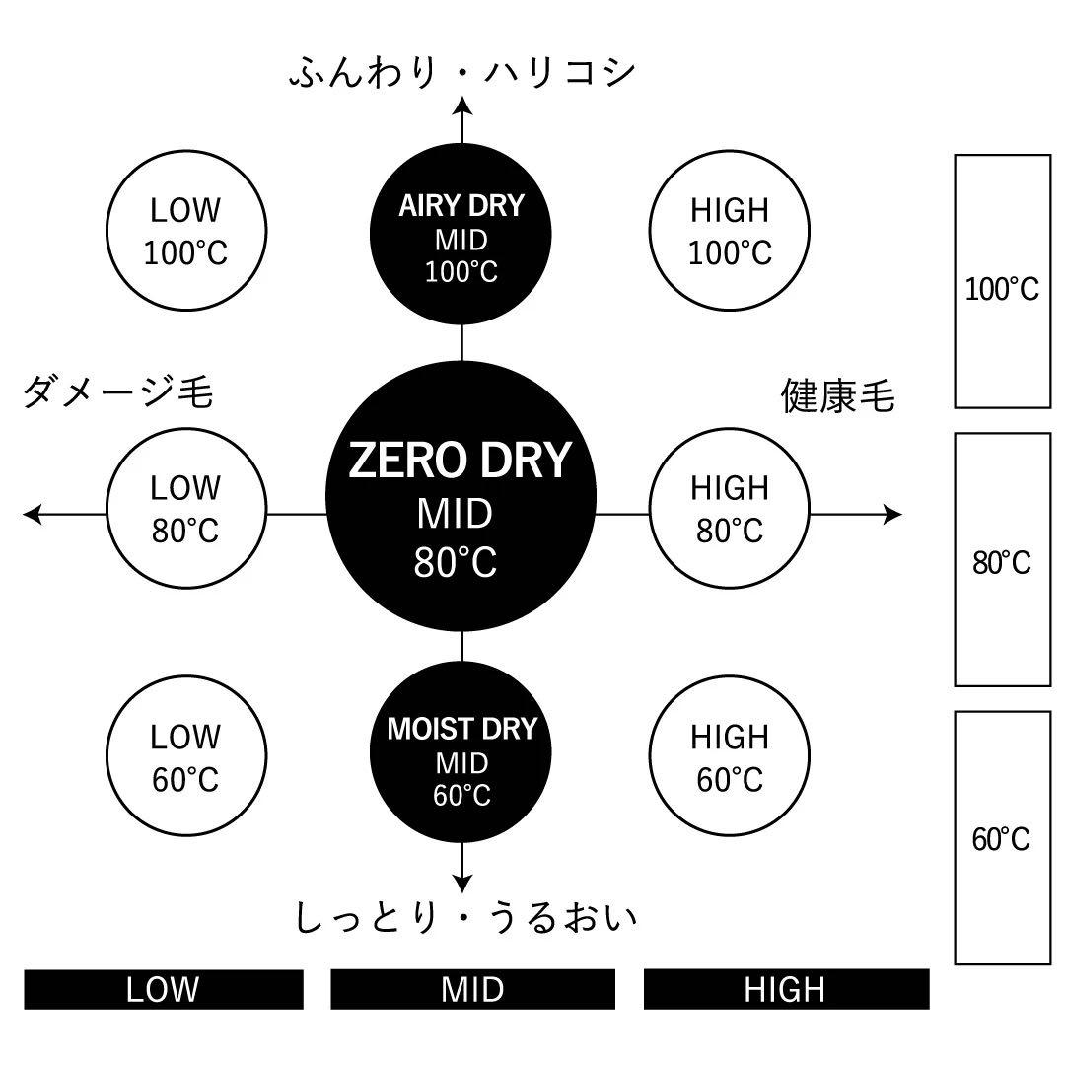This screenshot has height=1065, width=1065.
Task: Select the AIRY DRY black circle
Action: coord(461,237)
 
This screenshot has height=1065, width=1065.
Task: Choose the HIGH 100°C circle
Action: coord(730,232)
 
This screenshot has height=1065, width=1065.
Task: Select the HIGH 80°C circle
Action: coord(730,510)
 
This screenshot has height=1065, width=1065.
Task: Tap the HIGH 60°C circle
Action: coord(730,757)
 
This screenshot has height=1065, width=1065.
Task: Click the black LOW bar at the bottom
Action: coord(164,989)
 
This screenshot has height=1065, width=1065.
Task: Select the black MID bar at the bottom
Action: coord(472,989)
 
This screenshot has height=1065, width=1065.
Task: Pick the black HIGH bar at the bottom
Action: coord(786,989)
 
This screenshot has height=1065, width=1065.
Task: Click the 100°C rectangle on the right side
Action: coord(1002,281)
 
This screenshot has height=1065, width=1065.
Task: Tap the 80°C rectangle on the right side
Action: coord(1002,559)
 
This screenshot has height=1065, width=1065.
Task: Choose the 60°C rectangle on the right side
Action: coord(1002,837)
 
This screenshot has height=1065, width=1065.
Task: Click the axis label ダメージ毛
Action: coord(117,394)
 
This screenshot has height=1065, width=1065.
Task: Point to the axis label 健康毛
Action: coord(838,396)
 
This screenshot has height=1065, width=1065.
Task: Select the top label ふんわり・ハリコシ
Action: coord(461,74)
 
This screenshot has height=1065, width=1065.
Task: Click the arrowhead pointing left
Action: coord(33,514)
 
